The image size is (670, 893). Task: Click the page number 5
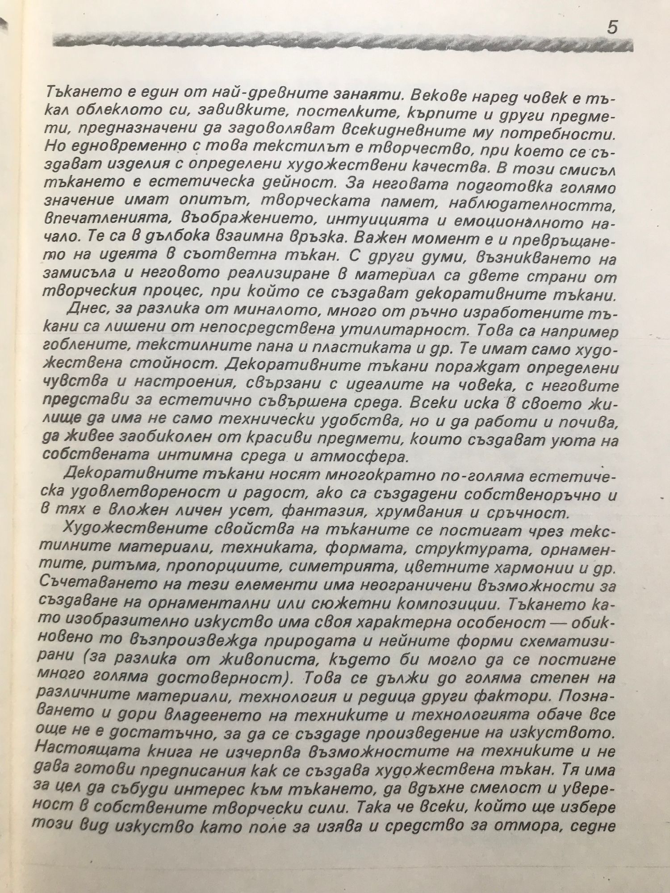click(x=612, y=28)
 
